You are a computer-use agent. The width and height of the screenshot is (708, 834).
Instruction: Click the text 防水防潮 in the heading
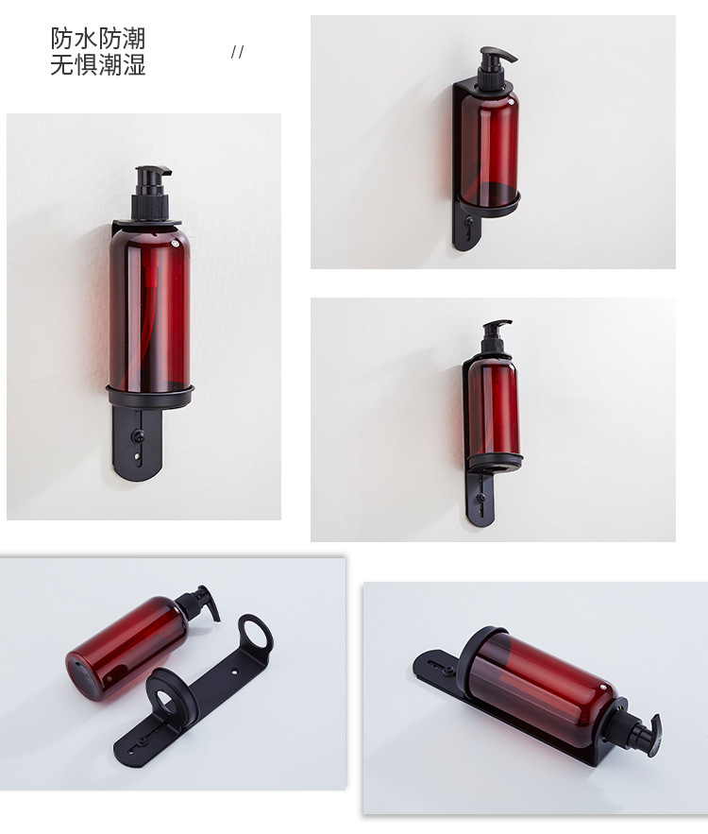point(98,39)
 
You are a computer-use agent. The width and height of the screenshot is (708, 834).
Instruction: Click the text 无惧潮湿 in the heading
point(98,65)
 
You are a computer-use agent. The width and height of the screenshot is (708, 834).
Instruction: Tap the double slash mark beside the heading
point(237,52)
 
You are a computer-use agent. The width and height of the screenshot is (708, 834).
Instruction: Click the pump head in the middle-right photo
point(496,334)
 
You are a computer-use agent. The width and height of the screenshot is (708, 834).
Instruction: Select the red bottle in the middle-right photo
point(493,408)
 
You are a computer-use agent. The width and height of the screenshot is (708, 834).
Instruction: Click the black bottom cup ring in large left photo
point(150,396)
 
